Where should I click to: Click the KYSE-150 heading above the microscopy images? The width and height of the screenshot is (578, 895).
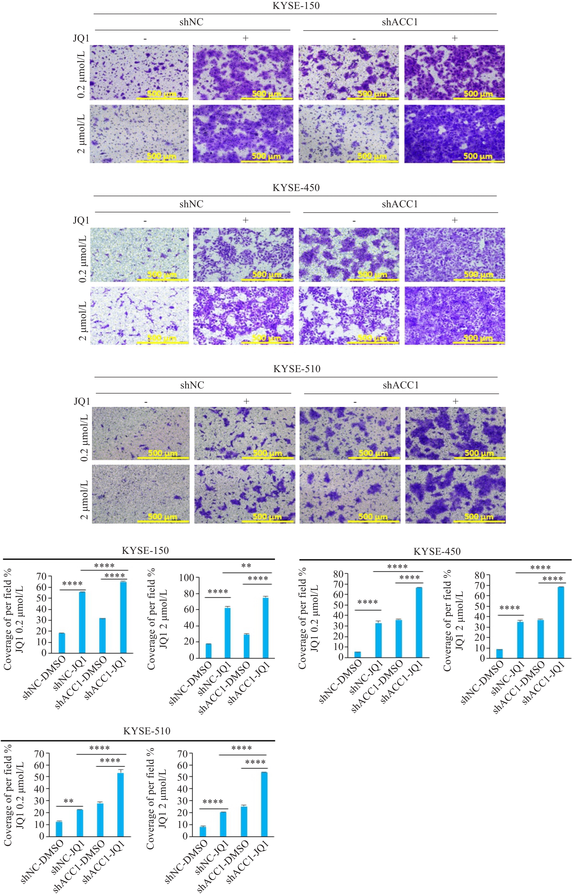pyautogui.click(x=296, y=6)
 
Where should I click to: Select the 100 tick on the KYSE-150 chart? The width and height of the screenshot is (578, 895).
pyautogui.click(x=186, y=578)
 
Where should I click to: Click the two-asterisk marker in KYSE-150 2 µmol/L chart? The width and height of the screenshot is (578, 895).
pyautogui.click(x=246, y=566)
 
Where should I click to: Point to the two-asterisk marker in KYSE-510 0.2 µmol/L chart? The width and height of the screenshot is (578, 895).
pyautogui.click(x=69, y=801)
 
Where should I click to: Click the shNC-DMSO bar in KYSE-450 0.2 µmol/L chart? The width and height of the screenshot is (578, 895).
pyautogui.click(x=358, y=654)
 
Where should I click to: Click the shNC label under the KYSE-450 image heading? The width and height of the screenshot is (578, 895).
pyautogui.click(x=191, y=204)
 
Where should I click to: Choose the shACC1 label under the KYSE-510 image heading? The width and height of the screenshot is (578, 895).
pyautogui.click(x=400, y=385)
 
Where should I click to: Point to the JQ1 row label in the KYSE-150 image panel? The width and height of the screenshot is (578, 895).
pyautogui.click(x=81, y=38)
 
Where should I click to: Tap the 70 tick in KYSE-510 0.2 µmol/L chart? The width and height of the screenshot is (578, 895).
pyautogui.click(x=39, y=753)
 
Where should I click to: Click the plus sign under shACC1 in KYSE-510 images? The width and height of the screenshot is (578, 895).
pyautogui.click(x=455, y=401)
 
